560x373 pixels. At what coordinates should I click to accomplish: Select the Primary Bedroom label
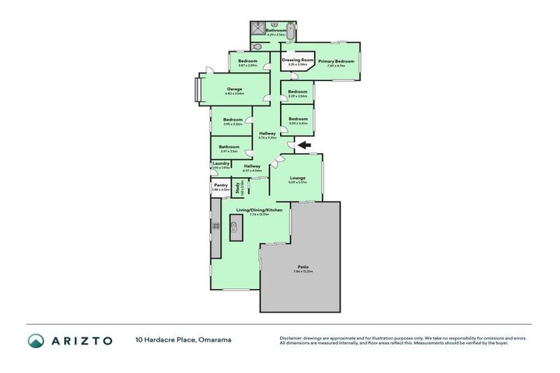(335, 62)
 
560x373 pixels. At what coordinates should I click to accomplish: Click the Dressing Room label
(297, 60)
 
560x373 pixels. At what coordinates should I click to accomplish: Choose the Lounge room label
(297, 178)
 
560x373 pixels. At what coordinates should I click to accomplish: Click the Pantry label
(220, 185)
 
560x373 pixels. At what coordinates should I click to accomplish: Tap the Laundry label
(220, 164)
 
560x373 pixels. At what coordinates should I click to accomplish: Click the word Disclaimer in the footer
(292, 338)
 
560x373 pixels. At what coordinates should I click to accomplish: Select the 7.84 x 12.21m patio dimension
(302, 272)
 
